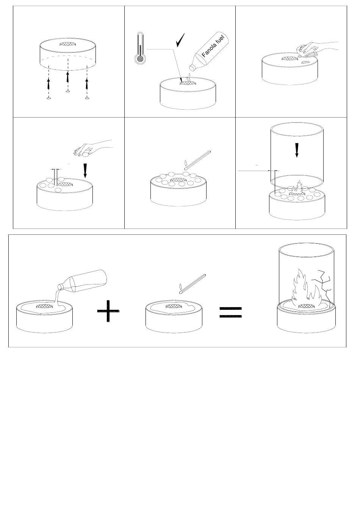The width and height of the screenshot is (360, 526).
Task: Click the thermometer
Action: [140, 48]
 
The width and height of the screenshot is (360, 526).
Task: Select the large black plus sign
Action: [108, 311]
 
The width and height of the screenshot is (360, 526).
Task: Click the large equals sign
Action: [230, 312]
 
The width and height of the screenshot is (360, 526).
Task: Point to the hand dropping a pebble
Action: [93, 148]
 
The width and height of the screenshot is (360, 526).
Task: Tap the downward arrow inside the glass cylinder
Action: [297, 150]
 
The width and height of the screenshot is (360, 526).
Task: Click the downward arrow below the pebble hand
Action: [85, 171]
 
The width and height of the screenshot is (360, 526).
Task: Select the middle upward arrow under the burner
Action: [68, 77]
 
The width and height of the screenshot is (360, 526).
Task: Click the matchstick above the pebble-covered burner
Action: [197, 160]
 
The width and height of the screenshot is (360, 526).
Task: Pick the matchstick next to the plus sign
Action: [193, 284]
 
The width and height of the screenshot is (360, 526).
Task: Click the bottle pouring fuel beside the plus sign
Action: [82, 281]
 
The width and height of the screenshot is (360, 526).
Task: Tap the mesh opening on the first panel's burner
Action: [68, 44]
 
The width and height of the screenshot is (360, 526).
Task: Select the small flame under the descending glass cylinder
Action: [297, 187]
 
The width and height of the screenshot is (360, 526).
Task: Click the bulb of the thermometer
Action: [140, 59]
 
